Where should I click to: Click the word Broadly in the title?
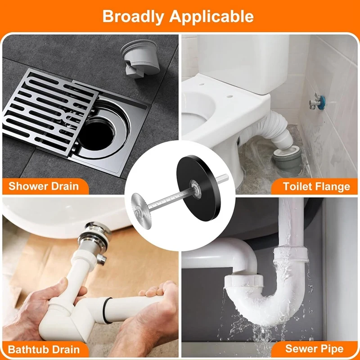pyautogui.click(x=133, y=16)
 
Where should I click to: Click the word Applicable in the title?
pyautogui.click(x=211, y=16)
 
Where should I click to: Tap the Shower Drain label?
pyautogui.click(x=44, y=186)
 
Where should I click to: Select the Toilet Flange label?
pyautogui.click(x=316, y=186)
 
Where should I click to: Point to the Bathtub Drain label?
pyautogui.click(x=44, y=350)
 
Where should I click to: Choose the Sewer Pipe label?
pyautogui.click(x=314, y=348)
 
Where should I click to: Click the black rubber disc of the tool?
pyautogui.click(x=199, y=188)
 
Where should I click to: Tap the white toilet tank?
pyautogui.click(x=243, y=62)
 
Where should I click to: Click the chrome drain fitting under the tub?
pyautogui.click(x=94, y=237)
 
